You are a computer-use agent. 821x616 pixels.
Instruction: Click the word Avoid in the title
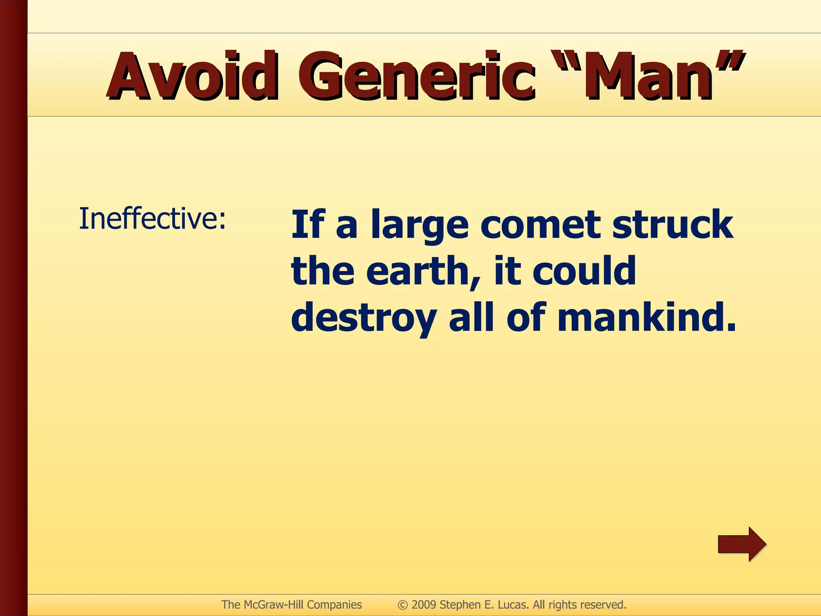point(192,76)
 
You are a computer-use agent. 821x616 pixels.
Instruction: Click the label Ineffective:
point(153,219)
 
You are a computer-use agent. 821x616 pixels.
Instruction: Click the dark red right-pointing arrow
point(742,544)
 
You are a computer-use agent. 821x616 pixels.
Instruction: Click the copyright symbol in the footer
point(402,605)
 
